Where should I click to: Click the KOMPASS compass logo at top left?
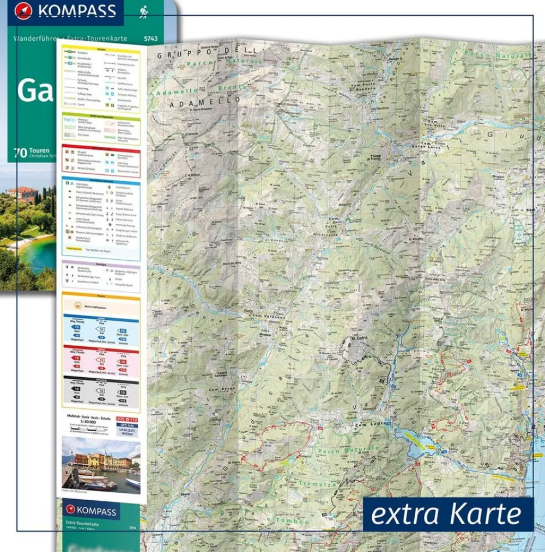(23, 11)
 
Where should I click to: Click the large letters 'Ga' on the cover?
(35, 91)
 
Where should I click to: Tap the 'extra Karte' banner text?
(447, 514)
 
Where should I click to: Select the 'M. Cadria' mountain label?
(361, 339)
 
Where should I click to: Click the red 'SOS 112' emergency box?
(128, 419)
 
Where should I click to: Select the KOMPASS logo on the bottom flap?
(90, 511)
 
